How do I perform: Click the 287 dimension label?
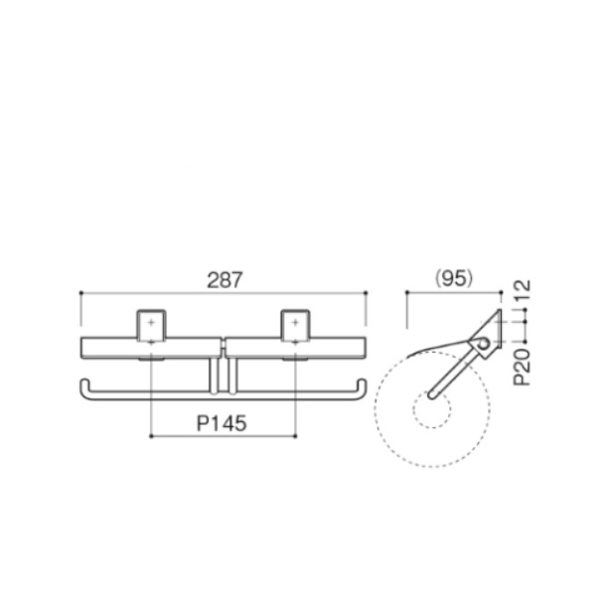[x=225, y=280]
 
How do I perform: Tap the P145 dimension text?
[x=222, y=423]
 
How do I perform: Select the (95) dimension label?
[x=454, y=278]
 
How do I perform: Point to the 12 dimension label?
[x=523, y=290]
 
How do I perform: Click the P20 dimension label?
[x=523, y=367]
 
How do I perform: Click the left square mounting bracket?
[x=151, y=326]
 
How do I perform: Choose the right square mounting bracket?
[x=295, y=326]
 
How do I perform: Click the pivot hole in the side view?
[x=484, y=345]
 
